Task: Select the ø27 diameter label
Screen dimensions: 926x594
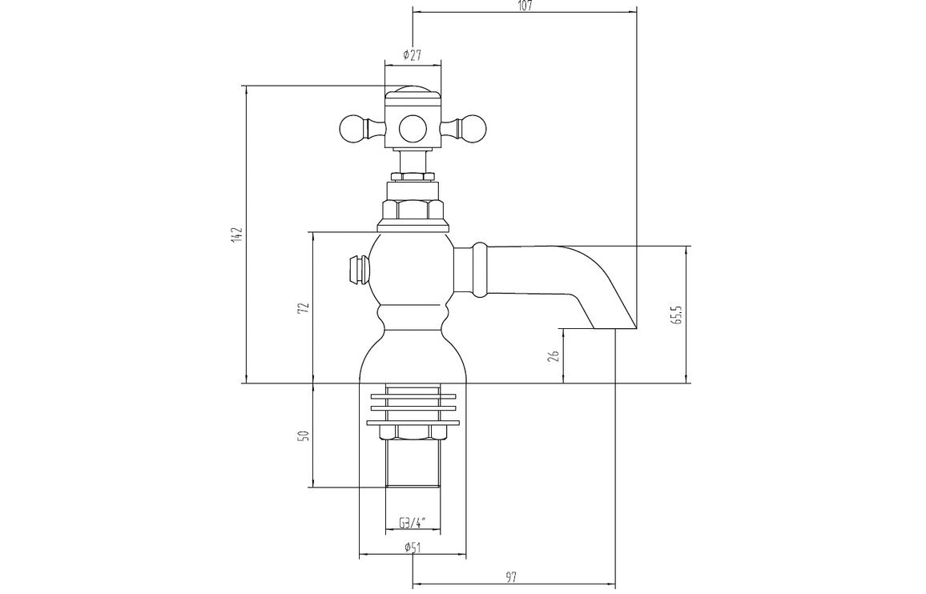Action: point(412,55)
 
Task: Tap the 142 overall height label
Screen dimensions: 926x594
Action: point(237,235)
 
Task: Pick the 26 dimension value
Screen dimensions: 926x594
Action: point(554,356)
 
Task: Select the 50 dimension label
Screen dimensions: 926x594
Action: point(304,436)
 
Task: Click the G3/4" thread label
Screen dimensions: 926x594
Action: point(413,523)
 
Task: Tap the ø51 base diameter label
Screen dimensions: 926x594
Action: point(413,548)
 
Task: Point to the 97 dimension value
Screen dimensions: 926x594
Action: point(513,575)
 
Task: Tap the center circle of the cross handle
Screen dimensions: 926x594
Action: point(413,127)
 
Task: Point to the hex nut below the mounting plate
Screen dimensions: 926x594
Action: point(413,433)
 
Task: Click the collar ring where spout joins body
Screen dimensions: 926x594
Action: point(480,269)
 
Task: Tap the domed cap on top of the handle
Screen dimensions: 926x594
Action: point(413,90)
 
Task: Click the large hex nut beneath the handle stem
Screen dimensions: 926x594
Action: point(413,210)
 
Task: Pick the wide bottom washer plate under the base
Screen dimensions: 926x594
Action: point(413,423)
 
